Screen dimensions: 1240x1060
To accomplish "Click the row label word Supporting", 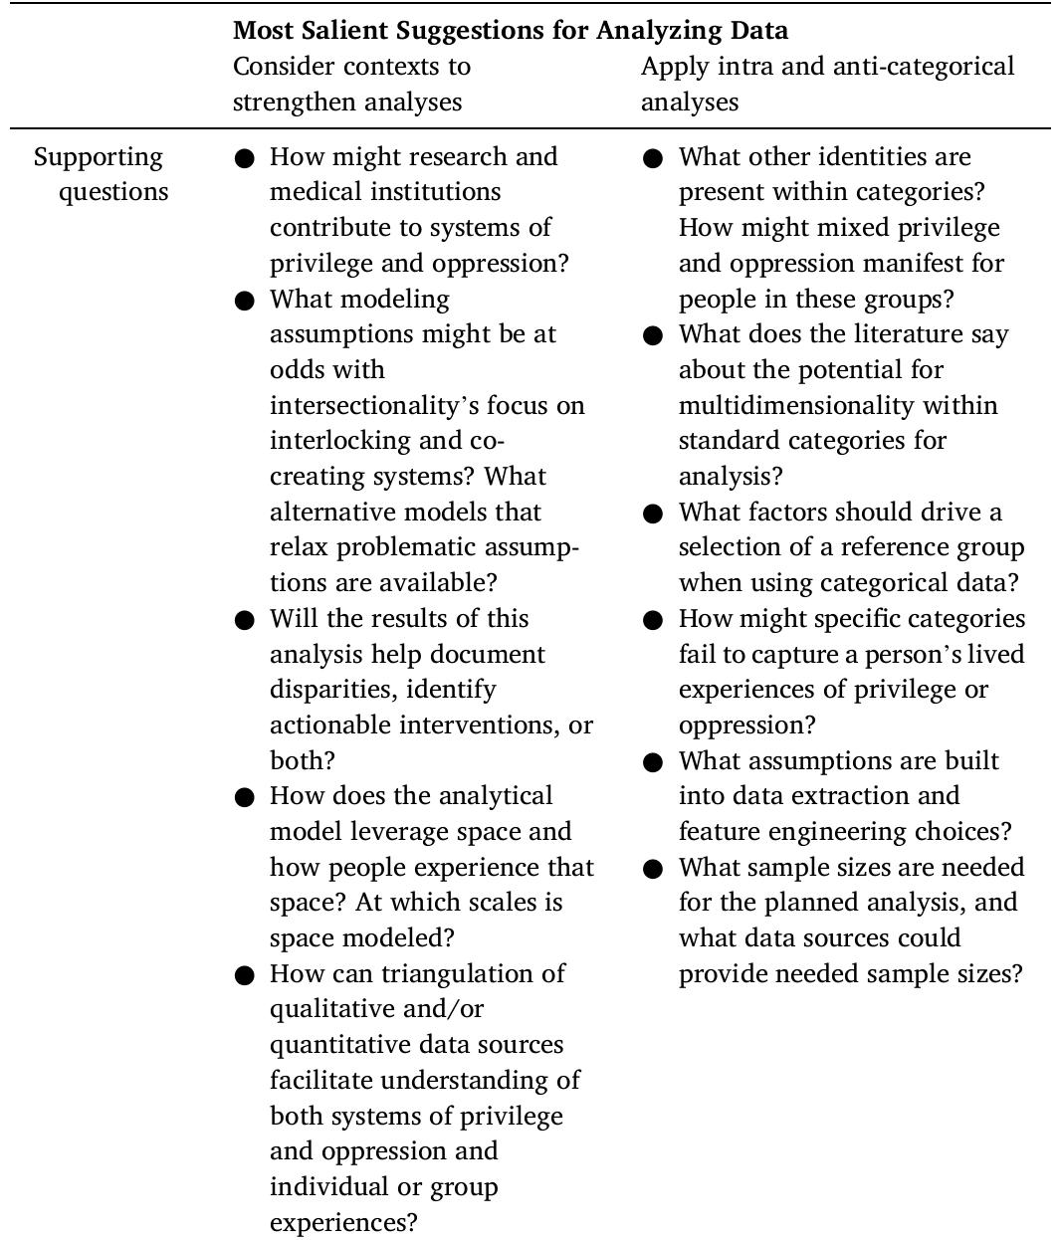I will coord(99,157).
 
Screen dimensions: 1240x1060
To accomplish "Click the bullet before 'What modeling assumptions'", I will coord(245,301).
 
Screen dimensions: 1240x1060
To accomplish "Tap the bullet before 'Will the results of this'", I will coord(245,620).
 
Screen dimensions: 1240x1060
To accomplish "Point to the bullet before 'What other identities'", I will coord(653,158).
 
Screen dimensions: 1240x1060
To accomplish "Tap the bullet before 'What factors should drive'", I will coord(653,514).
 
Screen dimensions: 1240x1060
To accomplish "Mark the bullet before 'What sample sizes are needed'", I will coord(653,869).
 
